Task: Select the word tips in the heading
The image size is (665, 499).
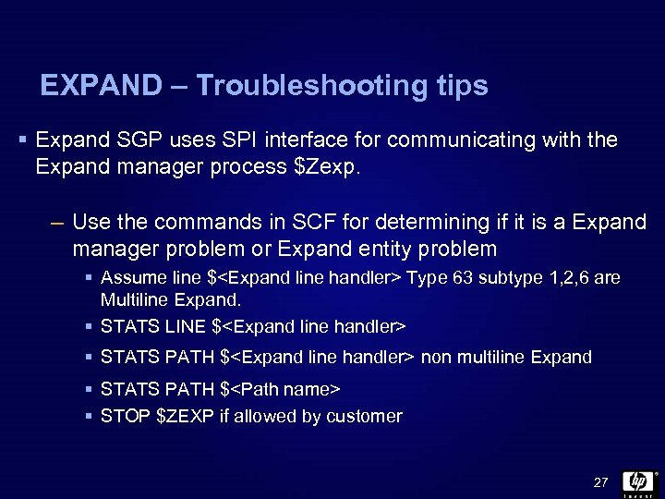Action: pos(457,86)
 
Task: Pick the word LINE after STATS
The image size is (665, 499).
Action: pos(185,326)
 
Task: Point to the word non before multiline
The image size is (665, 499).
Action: pos(437,357)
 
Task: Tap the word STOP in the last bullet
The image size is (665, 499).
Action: pos(125,416)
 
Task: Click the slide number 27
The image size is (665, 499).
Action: pos(600,482)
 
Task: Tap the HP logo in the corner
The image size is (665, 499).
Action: pos(638,481)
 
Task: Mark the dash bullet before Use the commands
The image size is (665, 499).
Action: pos(56,223)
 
